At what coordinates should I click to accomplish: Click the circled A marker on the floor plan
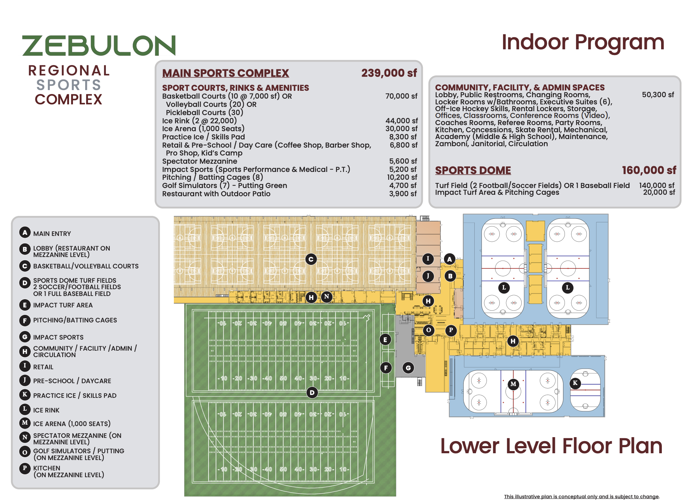pyautogui.click(x=450, y=259)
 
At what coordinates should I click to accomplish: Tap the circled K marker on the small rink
pyautogui.click(x=575, y=383)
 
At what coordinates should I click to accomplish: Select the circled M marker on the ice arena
pyautogui.click(x=513, y=384)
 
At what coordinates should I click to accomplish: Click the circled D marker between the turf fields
pyautogui.click(x=312, y=393)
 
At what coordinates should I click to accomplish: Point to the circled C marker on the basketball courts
pyautogui.click(x=311, y=259)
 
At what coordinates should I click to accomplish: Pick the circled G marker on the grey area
pyautogui.click(x=408, y=368)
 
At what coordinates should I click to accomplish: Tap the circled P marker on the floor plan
pyautogui.click(x=451, y=330)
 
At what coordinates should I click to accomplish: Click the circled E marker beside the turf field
pyautogui.click(x=385, y=340)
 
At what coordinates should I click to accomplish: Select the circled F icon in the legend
pyautogui.click(x=25, y=320)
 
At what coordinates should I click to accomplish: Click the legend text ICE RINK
pyautogui.click(x=46, y=410)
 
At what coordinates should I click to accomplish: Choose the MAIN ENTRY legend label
pyautogui.click(x=52, y=234)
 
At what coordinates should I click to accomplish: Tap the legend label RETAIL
pyautogui.click(x=43, y=367)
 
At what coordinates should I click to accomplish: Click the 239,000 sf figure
pyautogui.click(x=389, y=73)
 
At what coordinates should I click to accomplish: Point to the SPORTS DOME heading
pyautogui.click(x=473, y=171)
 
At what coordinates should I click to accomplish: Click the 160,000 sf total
pyautogui.click(x=649, y=170)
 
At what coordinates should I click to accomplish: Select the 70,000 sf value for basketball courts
pyautogui.click(x=401, y=96)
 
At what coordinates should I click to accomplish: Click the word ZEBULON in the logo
pyautogui.click(x=99, y=45)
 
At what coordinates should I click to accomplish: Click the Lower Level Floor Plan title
pyautogui.click(x=551, y=446)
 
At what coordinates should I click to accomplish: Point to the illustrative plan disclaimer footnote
pyautogui.click(x=582, y=496)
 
